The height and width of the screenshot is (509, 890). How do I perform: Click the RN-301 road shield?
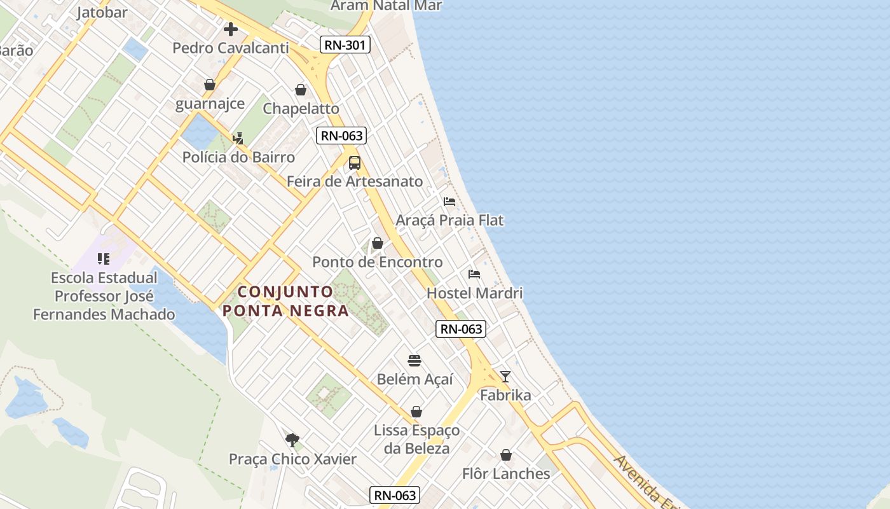343,44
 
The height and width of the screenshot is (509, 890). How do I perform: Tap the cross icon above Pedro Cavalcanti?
231,29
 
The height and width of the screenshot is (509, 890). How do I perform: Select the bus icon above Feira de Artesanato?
354,163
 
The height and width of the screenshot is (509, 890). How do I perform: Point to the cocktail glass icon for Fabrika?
505,377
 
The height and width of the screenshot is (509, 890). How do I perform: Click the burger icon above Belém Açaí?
414,361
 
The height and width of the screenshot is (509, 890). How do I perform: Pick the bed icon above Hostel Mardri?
474,275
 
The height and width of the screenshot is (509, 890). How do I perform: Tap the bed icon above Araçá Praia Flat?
449,202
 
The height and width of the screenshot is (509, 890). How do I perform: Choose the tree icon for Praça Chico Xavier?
292,440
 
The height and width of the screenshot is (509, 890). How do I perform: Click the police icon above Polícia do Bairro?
238,138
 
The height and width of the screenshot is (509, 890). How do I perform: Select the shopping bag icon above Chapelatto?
301,90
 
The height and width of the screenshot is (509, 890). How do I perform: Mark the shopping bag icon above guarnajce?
210,85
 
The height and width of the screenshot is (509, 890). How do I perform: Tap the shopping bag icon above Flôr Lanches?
506,456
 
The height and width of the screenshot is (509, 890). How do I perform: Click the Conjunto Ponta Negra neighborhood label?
285,301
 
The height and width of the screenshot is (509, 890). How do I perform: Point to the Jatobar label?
102,12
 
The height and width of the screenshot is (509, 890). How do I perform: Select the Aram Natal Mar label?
387,6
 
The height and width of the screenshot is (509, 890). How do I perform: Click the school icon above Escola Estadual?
104,259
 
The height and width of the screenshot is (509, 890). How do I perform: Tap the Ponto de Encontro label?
377,262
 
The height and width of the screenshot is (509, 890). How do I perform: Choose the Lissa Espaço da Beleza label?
416,439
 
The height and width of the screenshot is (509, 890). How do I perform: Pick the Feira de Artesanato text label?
354,181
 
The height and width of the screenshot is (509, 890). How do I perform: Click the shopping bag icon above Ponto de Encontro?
378,243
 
